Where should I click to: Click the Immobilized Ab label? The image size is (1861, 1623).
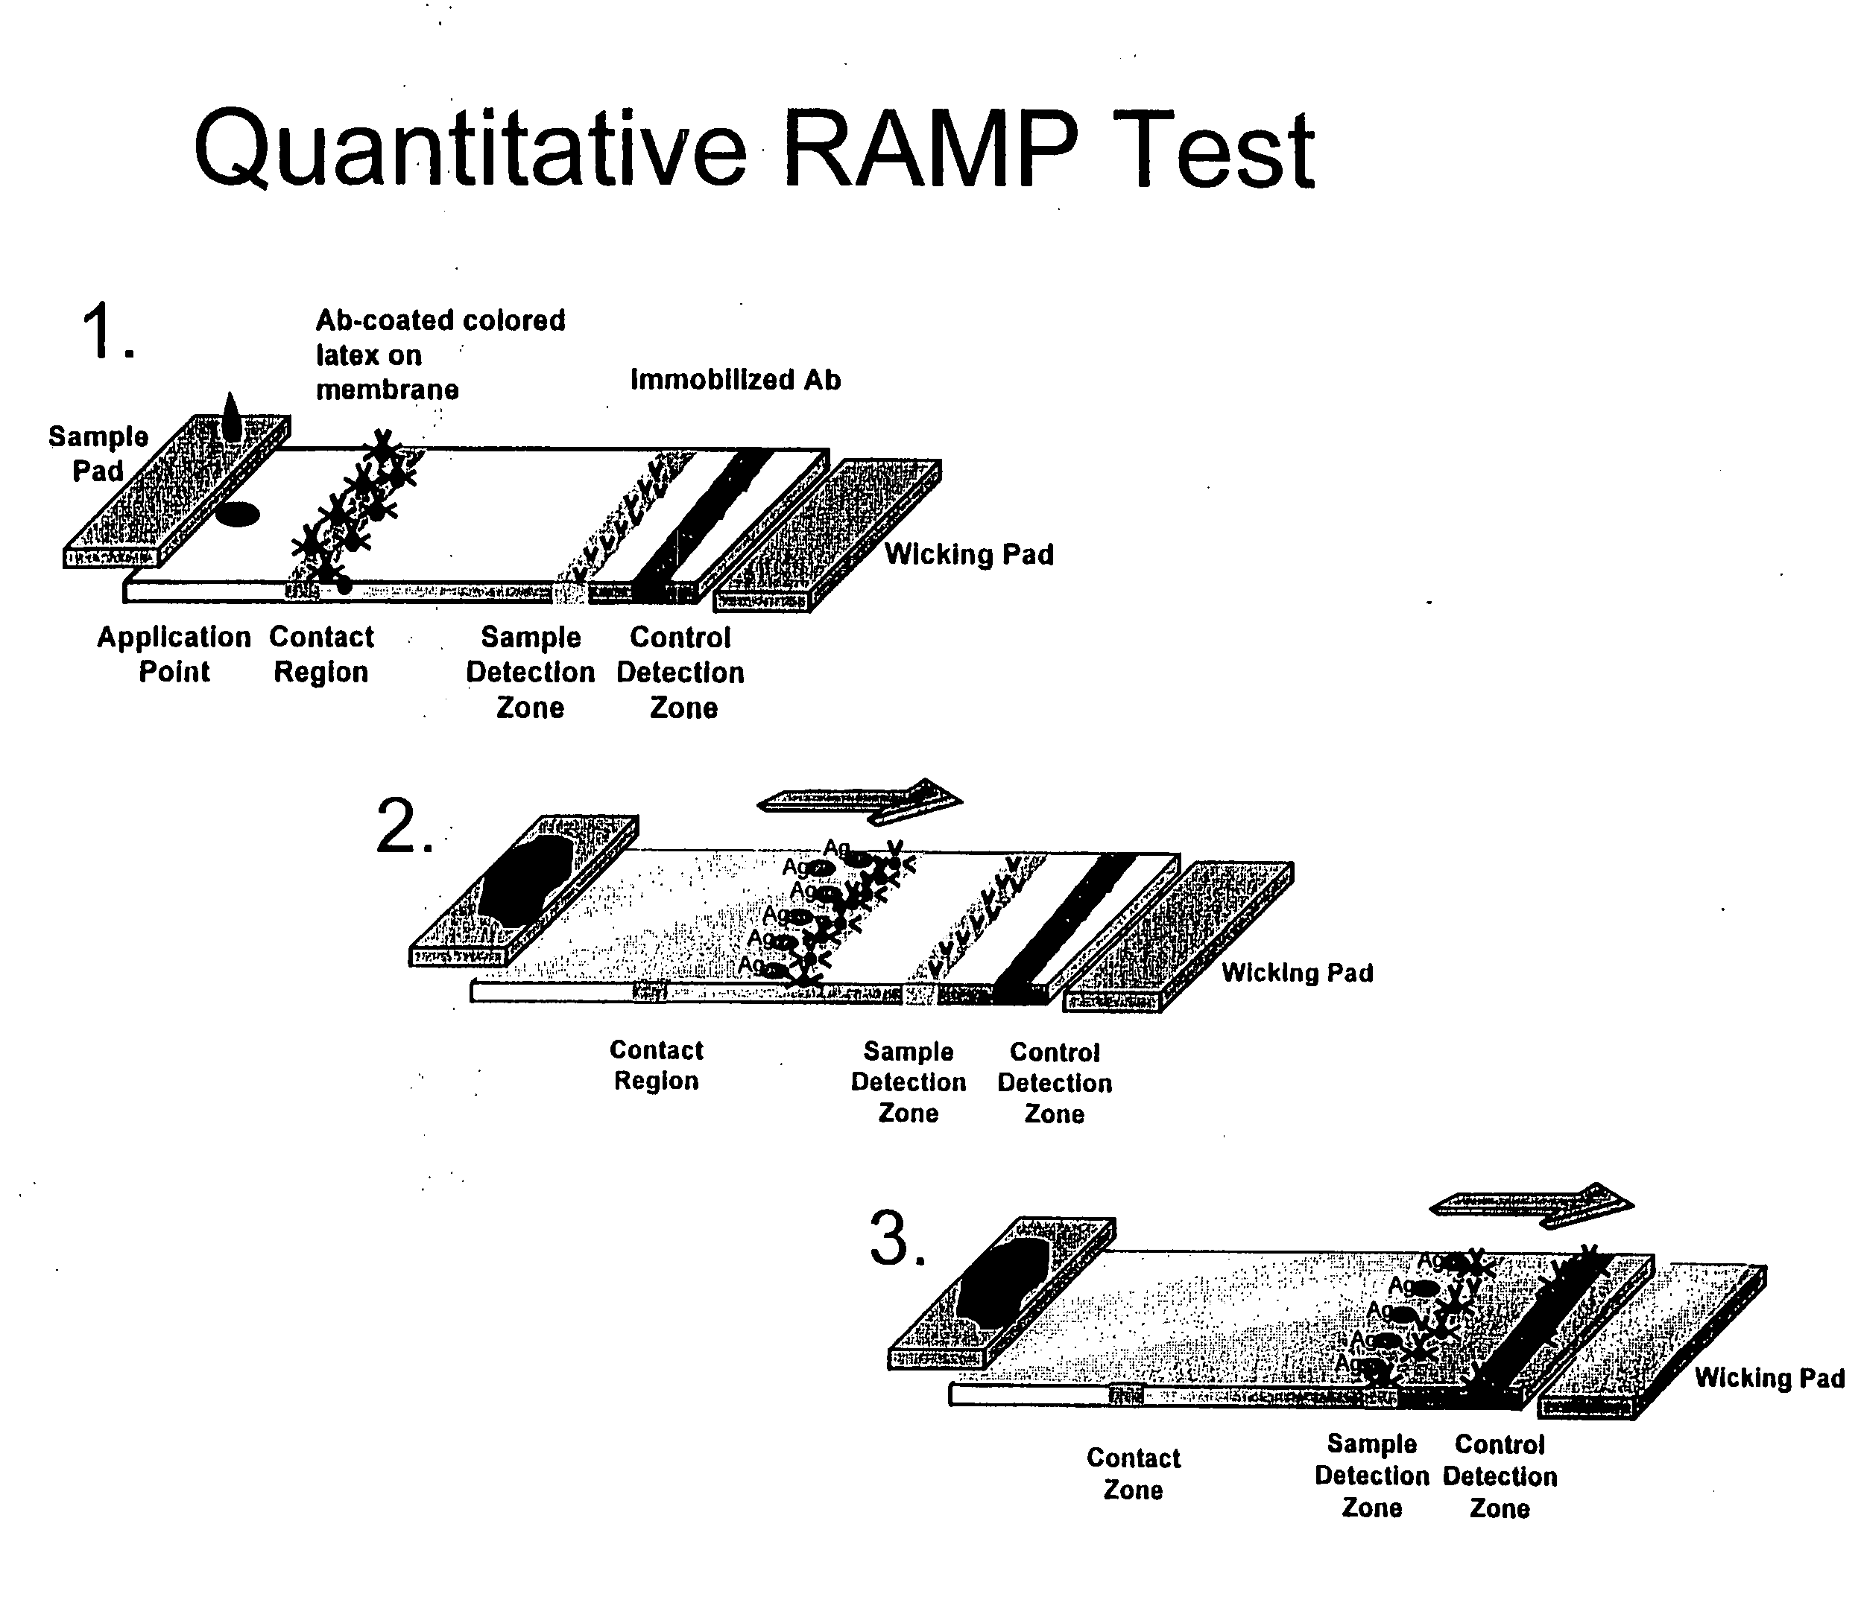pos(735,379)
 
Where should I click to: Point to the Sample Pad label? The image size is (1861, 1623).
pos(97,453)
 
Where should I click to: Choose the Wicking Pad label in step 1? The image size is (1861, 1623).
pos(969,554)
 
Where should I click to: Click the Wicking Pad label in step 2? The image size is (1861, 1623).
pos(1297,973)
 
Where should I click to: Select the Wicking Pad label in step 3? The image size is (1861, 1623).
pos(1769,1377)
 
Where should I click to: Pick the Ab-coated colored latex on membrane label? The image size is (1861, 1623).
pos(440,354)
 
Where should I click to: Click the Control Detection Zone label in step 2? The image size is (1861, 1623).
pos(1055,1082)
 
